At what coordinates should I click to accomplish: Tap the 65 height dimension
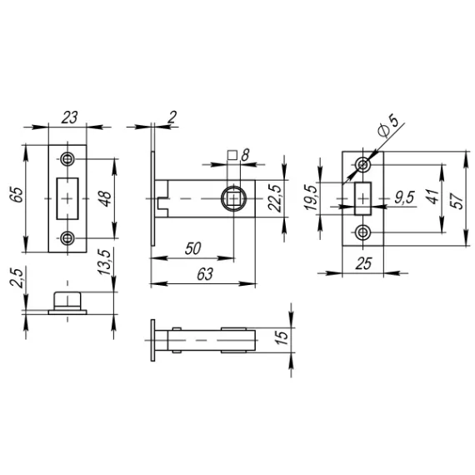coord(16,197)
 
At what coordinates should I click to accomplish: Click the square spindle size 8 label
coord(244,154)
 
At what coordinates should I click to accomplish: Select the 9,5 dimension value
coord(405,197)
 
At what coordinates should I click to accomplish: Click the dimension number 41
coord(431,197)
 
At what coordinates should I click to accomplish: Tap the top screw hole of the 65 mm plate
coord(67,160)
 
